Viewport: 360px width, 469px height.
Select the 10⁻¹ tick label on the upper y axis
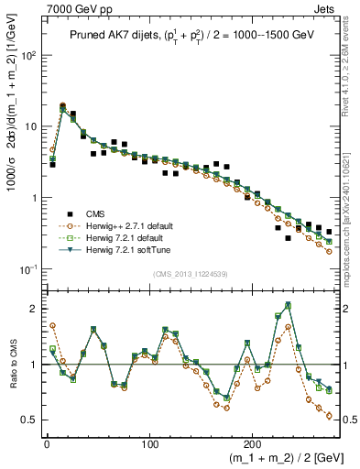tap(30, 269)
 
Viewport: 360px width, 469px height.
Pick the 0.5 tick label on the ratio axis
tap(30, 420)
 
